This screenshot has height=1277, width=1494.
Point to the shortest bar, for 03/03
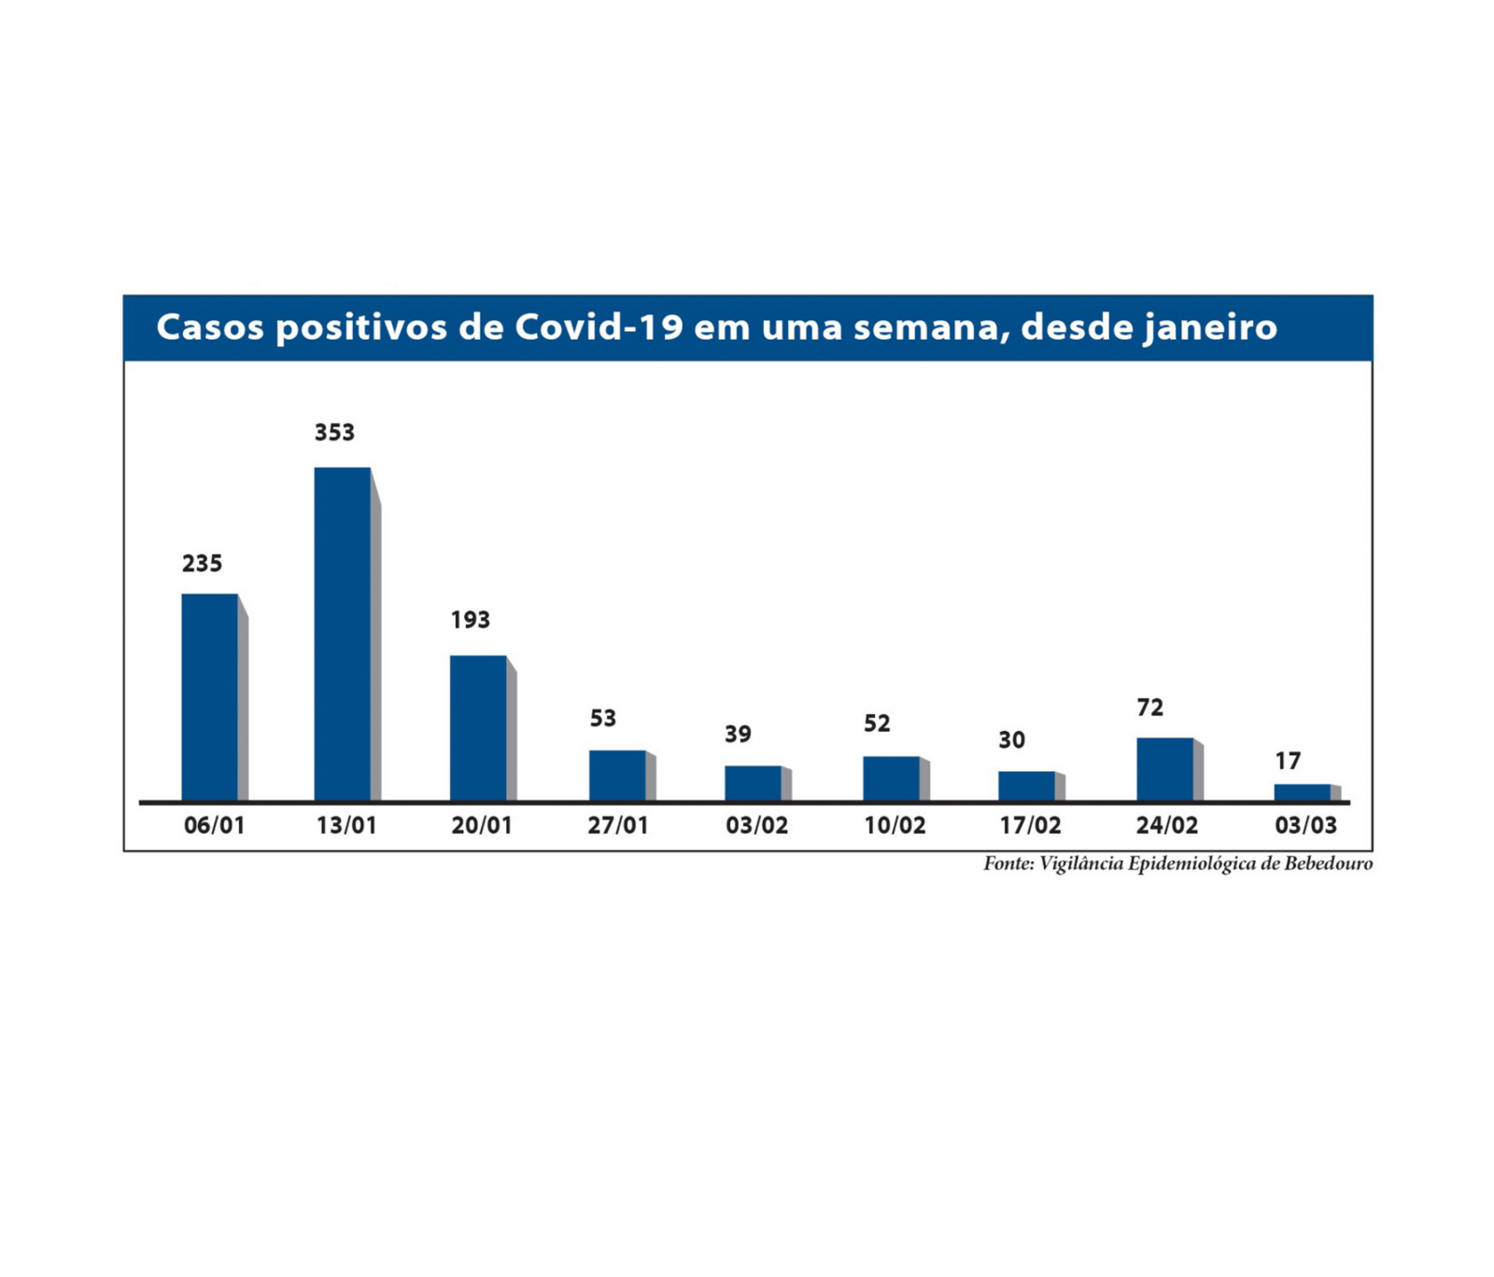point(1302,793)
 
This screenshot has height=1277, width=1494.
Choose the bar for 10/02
point(891,778)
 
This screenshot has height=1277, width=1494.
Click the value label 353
point(334,433)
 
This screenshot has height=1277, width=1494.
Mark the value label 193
point(470,621)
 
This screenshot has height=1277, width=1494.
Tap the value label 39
point(738,735)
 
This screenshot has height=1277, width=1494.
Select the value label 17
point(1288,762)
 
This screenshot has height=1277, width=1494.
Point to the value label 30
point(1011,740)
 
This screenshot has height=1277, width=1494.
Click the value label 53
point(602,719)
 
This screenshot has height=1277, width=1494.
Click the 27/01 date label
point(617,826)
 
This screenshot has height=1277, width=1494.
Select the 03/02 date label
point(756,826)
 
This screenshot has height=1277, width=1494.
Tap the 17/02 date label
point(1030,826)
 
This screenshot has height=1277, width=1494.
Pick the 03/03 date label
point(1305,826)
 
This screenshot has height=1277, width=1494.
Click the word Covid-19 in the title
point(599,328)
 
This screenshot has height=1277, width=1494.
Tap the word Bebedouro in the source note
point(1328,863)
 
